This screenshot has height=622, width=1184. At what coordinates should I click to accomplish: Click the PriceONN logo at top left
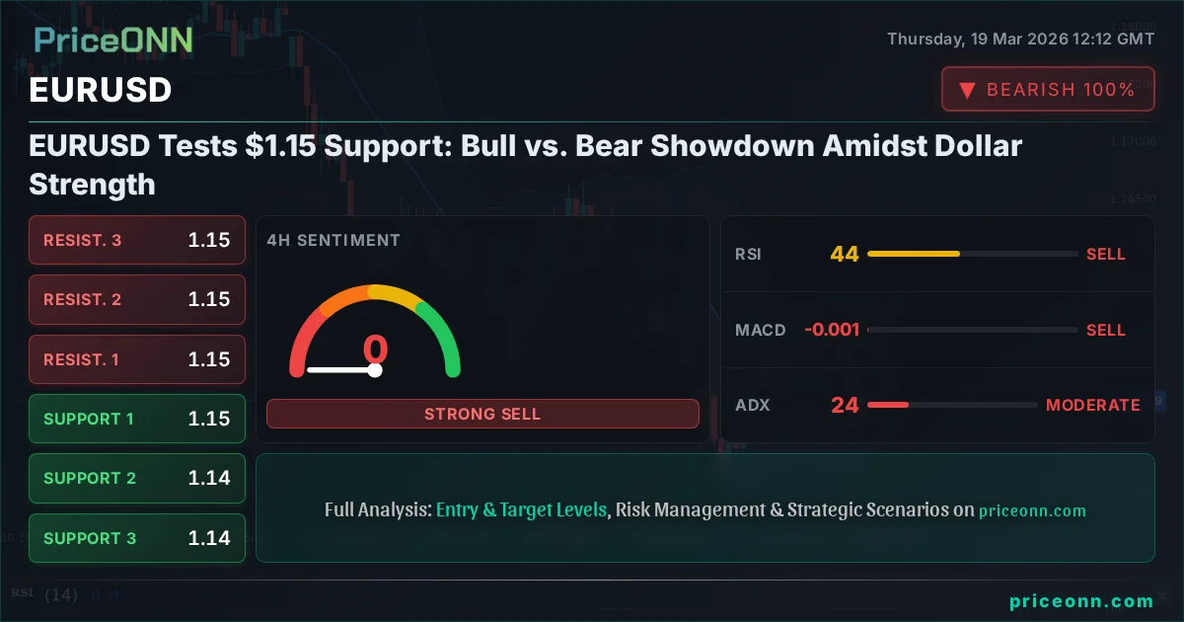pyautogui.click(x=113, y=40)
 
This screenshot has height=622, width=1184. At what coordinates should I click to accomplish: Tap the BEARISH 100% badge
pyautogui.click(x=1048, y=89)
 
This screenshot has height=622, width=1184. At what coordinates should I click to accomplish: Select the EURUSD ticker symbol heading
pyautogui.click(x=101, y=90)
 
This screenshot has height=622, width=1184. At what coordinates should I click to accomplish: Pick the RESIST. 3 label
pyautogui.click(x=83, y=240)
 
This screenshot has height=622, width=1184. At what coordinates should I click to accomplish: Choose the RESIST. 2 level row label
pyautogui.click(x=83, y=299)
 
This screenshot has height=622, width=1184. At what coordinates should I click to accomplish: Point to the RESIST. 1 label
pyautogui.click(x=81, y=359)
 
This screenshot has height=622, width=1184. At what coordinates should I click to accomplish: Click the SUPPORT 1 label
pyautogui.click(x=89, y=419)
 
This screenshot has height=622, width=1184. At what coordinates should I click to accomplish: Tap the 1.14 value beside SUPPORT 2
pyautogui.click(x=209, y=478)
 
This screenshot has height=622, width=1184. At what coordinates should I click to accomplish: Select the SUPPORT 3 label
pyautogui.click(x=90, y=538)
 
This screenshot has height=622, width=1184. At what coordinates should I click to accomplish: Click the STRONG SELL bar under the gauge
pyautogui.click(x=482, y=414)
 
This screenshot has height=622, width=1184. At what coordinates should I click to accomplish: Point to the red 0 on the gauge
pyautogui.click(x=375, y=350)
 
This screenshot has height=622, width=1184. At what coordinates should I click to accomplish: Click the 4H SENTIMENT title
pyautogui.click(x=333, y=240)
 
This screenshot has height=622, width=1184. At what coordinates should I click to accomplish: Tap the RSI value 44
pyautogui.click(x=845, y=254)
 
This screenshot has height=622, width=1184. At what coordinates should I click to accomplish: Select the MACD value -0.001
pyautogui.click(x=832, y=330)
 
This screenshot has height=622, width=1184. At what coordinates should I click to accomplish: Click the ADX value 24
pyautogui.click(x=845, y=405)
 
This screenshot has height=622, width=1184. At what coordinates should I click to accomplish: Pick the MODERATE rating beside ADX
pyautogui.click(x=1092, y=405)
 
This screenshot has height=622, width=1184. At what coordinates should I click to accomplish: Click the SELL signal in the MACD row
pyautogui.click(x=1105, y=330)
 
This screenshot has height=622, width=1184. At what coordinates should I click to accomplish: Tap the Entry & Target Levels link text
pyautogui.click(x=521, y=510)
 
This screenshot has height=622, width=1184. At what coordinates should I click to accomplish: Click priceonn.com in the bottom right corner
pyautogui.click(x=1081, y=601)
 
